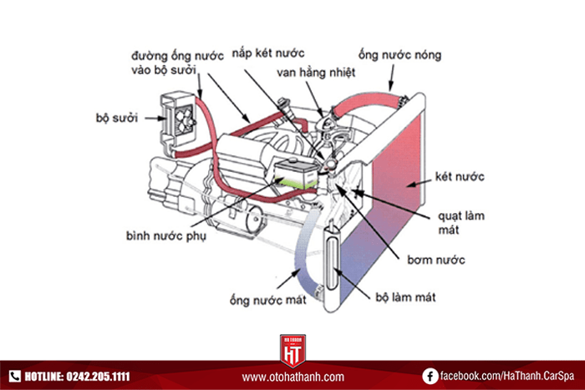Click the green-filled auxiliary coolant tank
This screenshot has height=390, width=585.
293,174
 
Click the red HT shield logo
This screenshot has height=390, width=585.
292,350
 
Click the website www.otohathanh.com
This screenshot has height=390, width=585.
292,377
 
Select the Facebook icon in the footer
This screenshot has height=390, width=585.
430,377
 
